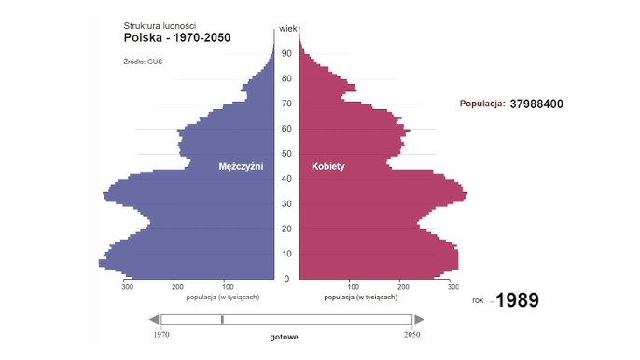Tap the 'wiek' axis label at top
click(x=288, y=29)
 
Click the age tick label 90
click(x=288, y=53)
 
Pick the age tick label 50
click(x=288, y=154)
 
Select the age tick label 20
click(x=288, y=228)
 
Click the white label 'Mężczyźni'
click(x=241, y=166)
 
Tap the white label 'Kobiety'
click(x=327, y=166)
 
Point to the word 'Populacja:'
click(x=482, y=104)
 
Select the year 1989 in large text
click(x=516, y=300)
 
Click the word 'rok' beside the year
click(x=478, y=300)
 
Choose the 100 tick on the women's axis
click(x=352, y=287)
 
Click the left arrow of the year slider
click(x=154, y=320)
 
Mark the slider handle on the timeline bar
click(x=222, y=320)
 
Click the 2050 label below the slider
click(x=410, y=333)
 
